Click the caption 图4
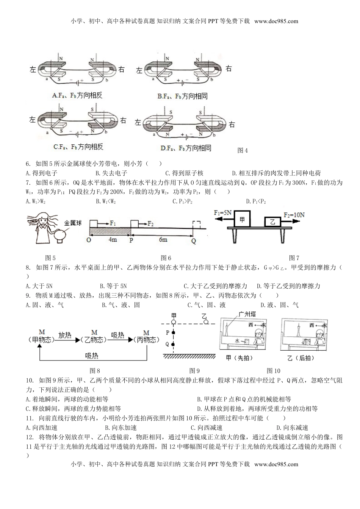(x=243, y=150)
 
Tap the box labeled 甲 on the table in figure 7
(x=242, y=219)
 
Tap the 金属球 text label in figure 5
(x=73, y=223)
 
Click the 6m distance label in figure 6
(x=163, y=240)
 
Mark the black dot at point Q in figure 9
(x=174, y=344)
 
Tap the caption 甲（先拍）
(x=239, y=358)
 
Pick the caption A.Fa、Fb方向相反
(x=77, y=96)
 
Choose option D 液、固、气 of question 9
(x=279, y=305)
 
